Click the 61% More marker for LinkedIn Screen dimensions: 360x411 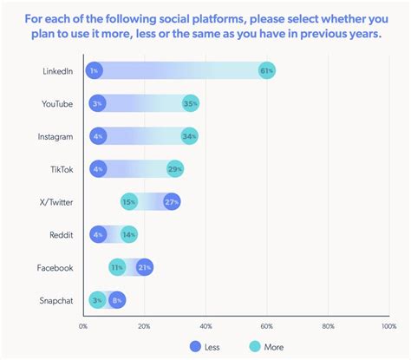pyautogui.click(x=267, y=70)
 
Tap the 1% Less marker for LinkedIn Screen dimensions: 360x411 pyautogui.click(x=95, y=70)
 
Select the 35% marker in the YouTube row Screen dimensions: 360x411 pyautogui.click(x=191, y=103)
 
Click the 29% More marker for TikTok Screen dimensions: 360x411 pyautogui.click(x=175, y=168)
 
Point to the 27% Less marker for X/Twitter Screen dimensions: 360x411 pyautogui.click(x=171, y=201)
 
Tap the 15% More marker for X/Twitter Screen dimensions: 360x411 pyautogui.click(x=129, y=201)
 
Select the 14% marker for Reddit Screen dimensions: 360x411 pyautogui.click(x=128, y=234)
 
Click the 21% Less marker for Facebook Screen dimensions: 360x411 pyautogui.click(x=145, y=267)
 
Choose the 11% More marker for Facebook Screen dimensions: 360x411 pyautogui.click(x=117, y=267)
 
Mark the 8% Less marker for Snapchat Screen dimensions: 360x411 pyautogui.click(x=117, y=299)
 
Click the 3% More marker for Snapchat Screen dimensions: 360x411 pyautogui.click(x=98, y=299)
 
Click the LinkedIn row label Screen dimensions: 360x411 pyautogui.click(x=57, y=70)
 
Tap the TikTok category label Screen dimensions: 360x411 pyautogui.click(x=62, y=168)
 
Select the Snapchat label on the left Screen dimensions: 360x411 pyautogui.click(x=55, y=299)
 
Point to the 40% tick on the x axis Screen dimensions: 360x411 pyautogui.click(x=205, y=326)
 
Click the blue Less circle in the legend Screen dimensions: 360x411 pyautogui.click(x=194, y=347)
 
